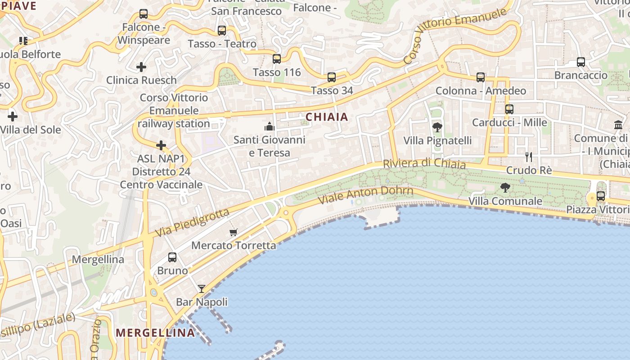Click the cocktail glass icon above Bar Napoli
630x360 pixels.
202,289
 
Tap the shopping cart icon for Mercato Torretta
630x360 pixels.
233,232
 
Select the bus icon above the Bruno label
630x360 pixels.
172,257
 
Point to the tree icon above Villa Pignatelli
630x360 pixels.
437,127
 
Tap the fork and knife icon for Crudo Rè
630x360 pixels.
529,157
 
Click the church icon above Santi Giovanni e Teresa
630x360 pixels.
270,126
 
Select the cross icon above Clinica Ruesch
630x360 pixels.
141,67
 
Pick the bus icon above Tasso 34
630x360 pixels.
332,77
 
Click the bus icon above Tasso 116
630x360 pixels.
277,59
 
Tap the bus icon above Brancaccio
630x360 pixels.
581,62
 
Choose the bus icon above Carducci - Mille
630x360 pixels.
509,109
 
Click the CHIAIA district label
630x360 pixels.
327,117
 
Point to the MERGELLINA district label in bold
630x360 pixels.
156,333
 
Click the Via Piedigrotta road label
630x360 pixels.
193,223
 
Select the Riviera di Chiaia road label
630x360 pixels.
424,163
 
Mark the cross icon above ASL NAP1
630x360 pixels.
161,145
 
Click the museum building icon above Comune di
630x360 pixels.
618,125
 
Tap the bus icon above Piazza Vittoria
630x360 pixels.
601,196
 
